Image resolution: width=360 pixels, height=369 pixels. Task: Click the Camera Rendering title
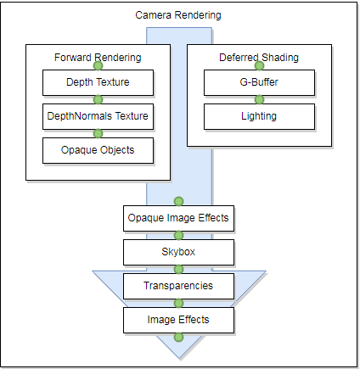click(178, 15)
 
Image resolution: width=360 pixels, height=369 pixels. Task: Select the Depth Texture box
click(98, 82)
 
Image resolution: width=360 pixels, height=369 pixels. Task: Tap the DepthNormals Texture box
click(98, 116)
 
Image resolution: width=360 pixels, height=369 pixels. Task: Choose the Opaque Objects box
click(98, 150)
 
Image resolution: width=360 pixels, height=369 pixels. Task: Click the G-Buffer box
click(259, 82)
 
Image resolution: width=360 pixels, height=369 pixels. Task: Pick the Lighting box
click(259, 116)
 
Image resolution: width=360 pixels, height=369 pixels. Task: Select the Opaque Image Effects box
click(178, 218)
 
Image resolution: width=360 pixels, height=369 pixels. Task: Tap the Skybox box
click(178, 252)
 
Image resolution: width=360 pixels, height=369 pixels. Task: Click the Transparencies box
click(178, 286)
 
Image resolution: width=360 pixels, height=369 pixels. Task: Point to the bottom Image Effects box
click(178, 320)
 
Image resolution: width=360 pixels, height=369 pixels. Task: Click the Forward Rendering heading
click(98, 58)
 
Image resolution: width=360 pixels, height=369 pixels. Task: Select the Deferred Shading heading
click(259, 58)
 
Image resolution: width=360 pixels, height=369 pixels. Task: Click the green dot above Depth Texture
click(98, 66)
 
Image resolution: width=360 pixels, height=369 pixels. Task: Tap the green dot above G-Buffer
click(259, 66)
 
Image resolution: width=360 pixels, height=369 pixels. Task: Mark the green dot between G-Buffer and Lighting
click(259, 99)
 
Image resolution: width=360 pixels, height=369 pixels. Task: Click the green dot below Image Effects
click(178, 337)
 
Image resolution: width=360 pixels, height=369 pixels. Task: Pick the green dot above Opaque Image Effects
click(178, 201)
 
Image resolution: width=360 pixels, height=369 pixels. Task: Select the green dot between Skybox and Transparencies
click(178, 269)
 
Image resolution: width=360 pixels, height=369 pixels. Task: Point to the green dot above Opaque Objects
click(98, 133)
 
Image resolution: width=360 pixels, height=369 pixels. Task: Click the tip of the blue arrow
click(179, 358)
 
